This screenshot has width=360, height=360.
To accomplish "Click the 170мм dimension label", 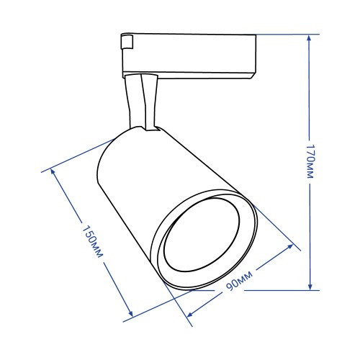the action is click(310, 161).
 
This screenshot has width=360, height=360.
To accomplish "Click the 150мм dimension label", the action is click(93, 241).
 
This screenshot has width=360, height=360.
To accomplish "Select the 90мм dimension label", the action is click(239, 281).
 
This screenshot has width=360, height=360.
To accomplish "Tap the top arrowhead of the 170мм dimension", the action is click(309, 39).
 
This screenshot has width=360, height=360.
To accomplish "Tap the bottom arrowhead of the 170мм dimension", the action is click(310, 286).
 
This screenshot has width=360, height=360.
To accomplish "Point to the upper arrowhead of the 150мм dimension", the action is click(53, 173).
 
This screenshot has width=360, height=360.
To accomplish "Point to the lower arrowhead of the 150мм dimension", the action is click(130, 312).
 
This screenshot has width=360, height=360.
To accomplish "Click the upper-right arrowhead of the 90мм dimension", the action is click(289, 247).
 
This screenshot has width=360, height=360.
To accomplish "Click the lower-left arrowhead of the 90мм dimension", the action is click(190, 314).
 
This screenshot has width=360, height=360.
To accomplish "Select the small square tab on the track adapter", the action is click(127, 42).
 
